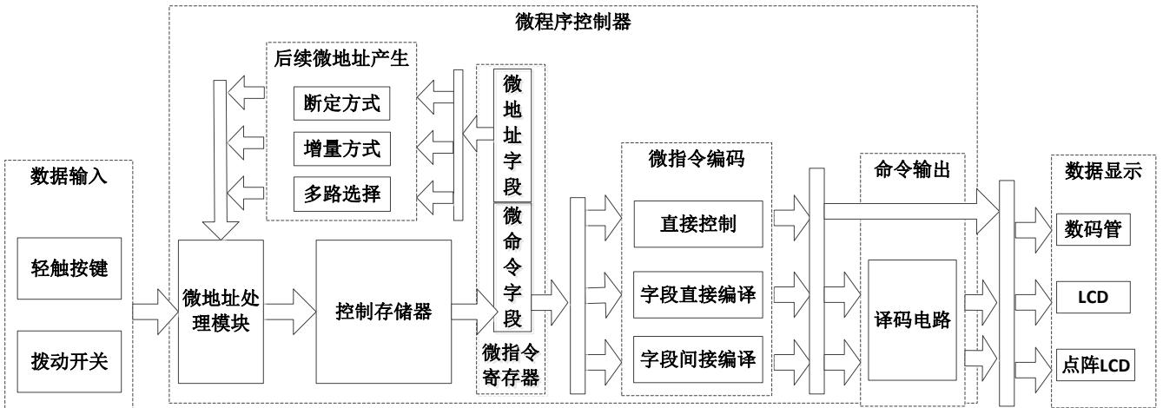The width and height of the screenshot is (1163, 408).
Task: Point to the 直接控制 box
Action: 698,225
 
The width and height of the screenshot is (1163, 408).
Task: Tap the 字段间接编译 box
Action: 698,359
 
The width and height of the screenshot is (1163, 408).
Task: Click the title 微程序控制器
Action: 573,22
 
